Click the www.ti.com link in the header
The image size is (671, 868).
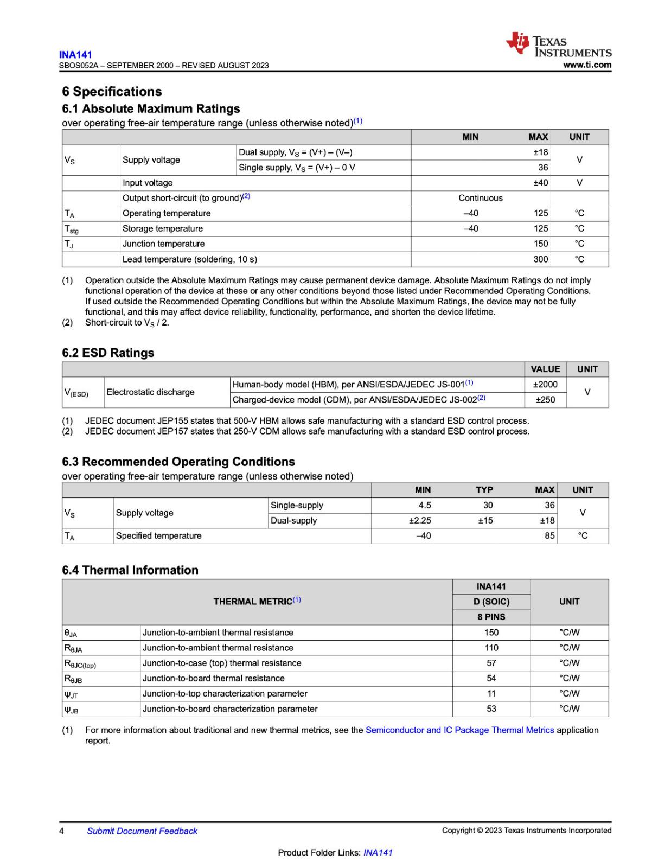pos(587,65)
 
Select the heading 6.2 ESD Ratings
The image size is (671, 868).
pos(108,353)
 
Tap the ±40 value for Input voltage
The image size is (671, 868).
pos(540,183)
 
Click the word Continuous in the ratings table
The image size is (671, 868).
pos(480,198)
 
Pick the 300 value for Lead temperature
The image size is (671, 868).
pos(540,259)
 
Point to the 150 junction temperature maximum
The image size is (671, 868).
pos(540,244)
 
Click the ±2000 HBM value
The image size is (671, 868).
pos(545,385)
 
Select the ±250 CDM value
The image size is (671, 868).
pos(545,400)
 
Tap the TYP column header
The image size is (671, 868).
pos(484,490)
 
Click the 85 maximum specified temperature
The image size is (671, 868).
pos(549,535)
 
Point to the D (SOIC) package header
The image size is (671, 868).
pos(491,602)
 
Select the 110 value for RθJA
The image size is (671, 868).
pos(491,648)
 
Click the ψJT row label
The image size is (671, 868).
pos(71,694)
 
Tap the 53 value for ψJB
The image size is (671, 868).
pos(491,709)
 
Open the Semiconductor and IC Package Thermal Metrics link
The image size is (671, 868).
pos(459,730)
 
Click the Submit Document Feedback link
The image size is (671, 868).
pos(142,831)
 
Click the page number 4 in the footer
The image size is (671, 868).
pos(61,831)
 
